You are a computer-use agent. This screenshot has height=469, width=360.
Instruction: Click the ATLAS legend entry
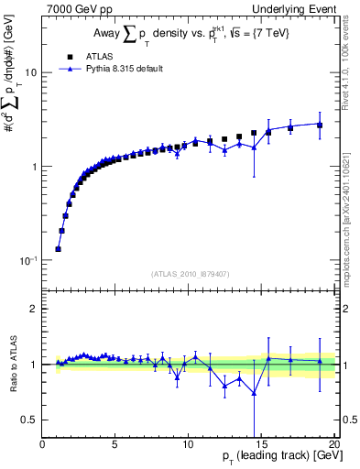coord(88,56)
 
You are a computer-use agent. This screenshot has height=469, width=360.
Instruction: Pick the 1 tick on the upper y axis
coord(34,167)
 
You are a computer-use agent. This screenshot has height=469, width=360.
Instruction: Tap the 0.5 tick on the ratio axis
coord(31,420)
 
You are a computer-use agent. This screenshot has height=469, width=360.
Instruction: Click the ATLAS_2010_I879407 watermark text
coord(189,273)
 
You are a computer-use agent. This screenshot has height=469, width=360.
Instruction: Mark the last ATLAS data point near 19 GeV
coord(320,125)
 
